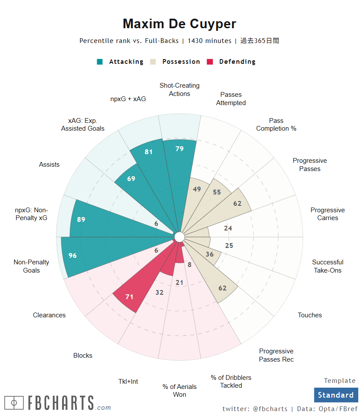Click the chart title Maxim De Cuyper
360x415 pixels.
(x=180, y=23)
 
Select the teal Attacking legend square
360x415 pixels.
(x=100, y=62)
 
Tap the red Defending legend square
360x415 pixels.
(x=210, y=62)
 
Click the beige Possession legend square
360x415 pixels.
(x=153, y=62)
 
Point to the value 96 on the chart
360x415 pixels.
(x=72, y=256)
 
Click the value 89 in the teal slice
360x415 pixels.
(x=81, y=220)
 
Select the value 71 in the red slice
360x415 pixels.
(x=129, y=297)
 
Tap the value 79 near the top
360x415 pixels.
(x=180, y=149)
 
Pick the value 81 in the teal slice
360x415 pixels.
(x=149, y=152)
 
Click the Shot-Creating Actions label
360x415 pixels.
(x=180, y=89)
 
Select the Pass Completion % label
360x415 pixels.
(x=276, y=125)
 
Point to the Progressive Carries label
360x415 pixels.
(x=327, y=214)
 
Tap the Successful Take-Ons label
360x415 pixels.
(x=327, y=266)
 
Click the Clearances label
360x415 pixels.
(x=49, y=315)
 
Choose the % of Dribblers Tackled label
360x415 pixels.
(x=231, y=382)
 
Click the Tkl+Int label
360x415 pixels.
(x=128, y=382)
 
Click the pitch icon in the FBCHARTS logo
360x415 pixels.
(x=14, y=403)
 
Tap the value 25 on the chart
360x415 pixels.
(x=229, y=246)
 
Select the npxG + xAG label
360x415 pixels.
(x=128, y=99)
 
